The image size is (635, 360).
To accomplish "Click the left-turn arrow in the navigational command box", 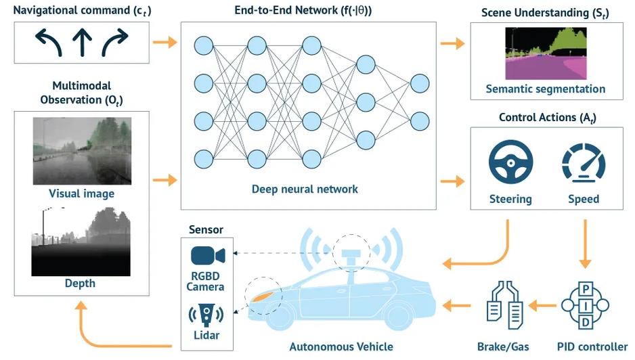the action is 49,43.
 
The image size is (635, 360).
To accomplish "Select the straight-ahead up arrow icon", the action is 82,43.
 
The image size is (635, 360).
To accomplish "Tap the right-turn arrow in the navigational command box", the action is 114,43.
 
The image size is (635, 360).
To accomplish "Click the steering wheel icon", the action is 510,162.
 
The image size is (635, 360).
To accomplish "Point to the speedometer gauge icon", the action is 584,162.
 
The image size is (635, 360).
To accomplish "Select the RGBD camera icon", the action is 208,256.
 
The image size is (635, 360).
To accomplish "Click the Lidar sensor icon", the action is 206,315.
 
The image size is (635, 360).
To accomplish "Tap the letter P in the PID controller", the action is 586,289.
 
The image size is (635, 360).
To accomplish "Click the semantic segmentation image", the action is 546,53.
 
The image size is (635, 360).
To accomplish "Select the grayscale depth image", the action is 81,242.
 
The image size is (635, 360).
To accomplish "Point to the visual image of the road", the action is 82,151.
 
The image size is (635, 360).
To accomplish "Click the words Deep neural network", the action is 305,189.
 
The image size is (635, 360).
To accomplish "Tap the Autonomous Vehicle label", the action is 341,346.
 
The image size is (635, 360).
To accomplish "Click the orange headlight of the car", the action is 263,296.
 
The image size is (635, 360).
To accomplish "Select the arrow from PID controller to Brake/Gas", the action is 542,305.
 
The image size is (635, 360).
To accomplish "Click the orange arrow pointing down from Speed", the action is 585,244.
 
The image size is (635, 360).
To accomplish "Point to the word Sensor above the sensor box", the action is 206,229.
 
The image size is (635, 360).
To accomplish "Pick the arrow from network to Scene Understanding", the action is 452,43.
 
